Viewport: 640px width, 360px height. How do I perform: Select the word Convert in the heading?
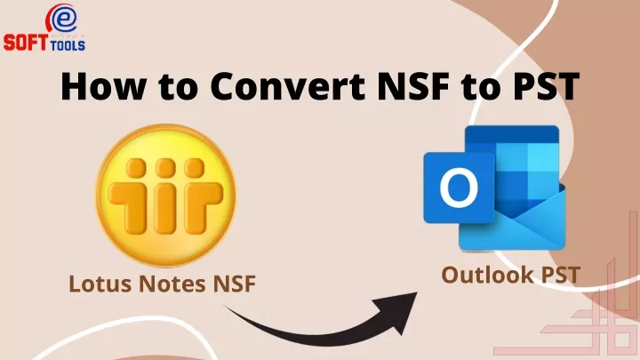288,86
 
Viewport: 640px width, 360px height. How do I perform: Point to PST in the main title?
544,86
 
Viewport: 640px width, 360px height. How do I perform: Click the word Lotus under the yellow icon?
100,284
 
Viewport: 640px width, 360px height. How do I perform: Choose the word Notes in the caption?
172,284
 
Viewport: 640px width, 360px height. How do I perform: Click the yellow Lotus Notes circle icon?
165,196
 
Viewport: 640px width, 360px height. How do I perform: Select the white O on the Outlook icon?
459,188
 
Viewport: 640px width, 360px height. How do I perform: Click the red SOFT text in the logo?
26,43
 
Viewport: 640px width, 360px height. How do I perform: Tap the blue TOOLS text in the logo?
68,45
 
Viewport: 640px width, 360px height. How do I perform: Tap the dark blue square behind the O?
459,188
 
